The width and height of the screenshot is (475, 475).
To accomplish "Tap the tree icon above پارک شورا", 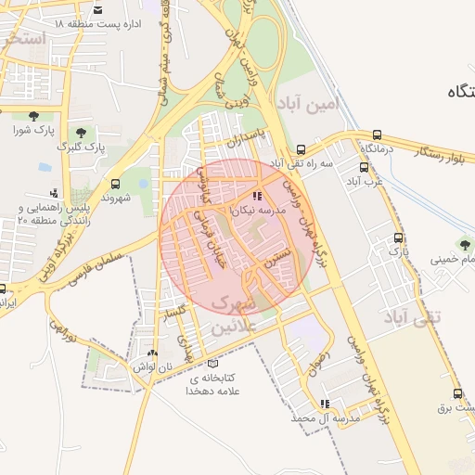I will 34,115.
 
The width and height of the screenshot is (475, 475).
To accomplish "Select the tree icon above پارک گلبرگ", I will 81,133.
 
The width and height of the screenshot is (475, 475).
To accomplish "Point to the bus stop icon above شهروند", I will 115,184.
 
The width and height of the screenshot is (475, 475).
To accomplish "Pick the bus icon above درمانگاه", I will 378,135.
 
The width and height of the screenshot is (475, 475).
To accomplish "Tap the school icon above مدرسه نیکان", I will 257,197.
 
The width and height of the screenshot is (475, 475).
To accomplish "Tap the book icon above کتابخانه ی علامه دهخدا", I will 212,364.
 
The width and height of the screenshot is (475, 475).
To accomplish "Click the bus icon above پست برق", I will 457,393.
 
